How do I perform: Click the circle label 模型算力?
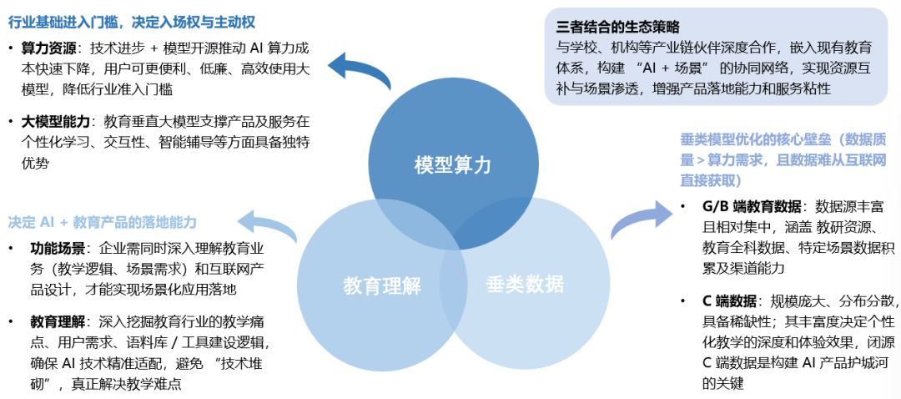point(453,164)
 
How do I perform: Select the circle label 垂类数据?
point(525,284)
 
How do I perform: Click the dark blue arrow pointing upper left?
point(359,71)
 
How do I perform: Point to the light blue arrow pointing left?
point(267,224)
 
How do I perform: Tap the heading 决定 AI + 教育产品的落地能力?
point(103,222)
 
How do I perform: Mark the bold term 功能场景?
point(58,248)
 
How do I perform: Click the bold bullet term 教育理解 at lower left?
point(58,321)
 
